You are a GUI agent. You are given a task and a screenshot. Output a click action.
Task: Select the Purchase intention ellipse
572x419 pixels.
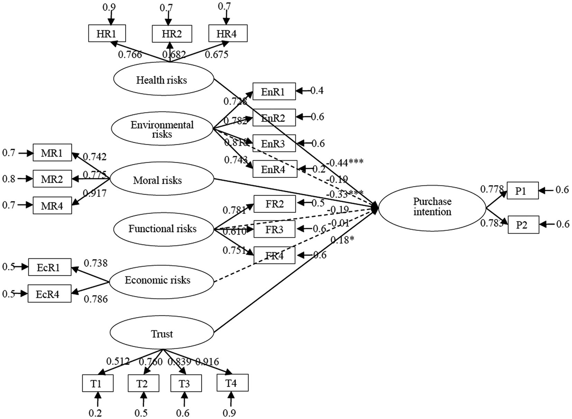[432, 207]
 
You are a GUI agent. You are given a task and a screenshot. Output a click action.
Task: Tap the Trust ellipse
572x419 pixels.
[162, 334]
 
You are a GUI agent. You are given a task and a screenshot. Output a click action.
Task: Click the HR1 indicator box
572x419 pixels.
[107, 34]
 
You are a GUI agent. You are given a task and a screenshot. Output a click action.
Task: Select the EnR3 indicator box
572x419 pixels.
[274, 144]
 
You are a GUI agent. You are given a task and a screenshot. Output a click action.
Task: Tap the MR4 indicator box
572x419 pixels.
[52, 205]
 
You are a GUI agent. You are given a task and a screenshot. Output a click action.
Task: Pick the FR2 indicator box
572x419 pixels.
[275, 204]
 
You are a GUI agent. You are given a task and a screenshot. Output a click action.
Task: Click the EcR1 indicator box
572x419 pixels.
[49, 268]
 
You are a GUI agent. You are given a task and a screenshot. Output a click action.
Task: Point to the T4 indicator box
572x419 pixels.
[232, 383]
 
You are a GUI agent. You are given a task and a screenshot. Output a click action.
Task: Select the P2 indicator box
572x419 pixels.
[523, 225]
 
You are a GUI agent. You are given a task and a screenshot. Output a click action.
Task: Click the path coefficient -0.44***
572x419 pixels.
[345, 163]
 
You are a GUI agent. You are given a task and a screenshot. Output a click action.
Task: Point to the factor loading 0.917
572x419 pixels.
[95, 193]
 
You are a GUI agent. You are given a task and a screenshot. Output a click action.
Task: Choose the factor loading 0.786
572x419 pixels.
[96, 299]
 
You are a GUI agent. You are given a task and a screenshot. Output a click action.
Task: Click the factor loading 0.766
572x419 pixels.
[130, 55]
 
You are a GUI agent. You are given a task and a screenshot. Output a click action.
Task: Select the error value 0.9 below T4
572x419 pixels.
[229, 413]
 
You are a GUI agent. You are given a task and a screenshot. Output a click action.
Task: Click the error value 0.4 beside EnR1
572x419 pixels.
[317, 91]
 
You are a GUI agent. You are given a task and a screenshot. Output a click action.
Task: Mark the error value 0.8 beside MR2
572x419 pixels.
[9, 179]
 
